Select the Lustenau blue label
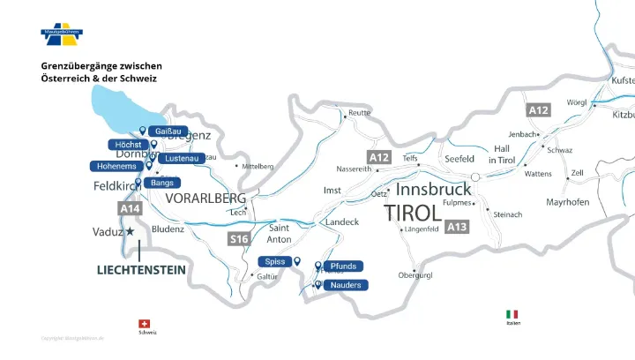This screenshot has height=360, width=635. point(182,158)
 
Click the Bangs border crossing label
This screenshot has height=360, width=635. point(162,183)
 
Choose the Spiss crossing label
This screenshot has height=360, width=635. point(273,262)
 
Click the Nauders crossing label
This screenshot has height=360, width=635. point(346,285)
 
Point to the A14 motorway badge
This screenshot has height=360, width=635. point(130,208)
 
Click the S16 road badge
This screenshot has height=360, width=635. point(239,239)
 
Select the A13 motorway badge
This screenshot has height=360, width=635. point(457,227)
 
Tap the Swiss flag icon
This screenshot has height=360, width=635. point(146,324)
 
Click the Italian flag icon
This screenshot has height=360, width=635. point(512,314)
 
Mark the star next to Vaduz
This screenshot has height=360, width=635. point(131,231)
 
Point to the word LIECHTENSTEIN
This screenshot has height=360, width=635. point(141,270)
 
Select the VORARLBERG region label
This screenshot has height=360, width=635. point(205,198)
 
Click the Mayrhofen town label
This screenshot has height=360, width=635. point(568,202)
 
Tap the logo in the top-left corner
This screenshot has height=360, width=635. point(62,34)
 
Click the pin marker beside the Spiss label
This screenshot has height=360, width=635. point(297,261)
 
